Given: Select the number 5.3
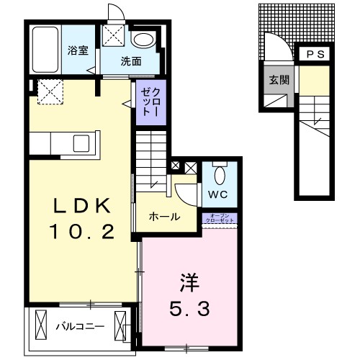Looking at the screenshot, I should click(x=190, y=309).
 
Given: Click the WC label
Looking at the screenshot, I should click(x=219, y=194).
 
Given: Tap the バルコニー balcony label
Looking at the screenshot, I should click(x=81, y=327).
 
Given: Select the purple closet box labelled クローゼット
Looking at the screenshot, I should click(x=146, y=102).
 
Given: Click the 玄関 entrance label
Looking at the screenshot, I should click(x=279, y=80).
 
